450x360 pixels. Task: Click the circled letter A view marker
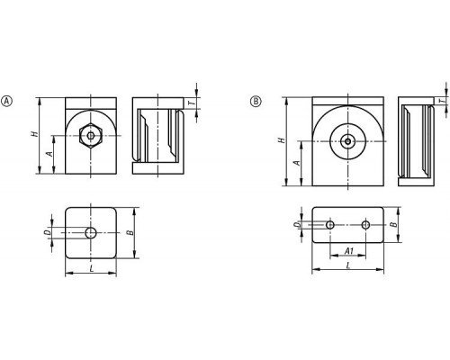(x=6, y=101)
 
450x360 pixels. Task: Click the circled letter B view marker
(x=256, y=101)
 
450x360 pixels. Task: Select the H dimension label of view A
(x=35, y=134)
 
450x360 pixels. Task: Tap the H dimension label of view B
(x=282, y=140)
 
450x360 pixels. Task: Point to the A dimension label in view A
(x=49, y=154)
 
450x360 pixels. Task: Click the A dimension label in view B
(x=296, y=163)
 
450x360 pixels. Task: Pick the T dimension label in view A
(x=192, y=103)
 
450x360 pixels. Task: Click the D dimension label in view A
(x=47, y=232)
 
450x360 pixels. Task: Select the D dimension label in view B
(x=296, y=225)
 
